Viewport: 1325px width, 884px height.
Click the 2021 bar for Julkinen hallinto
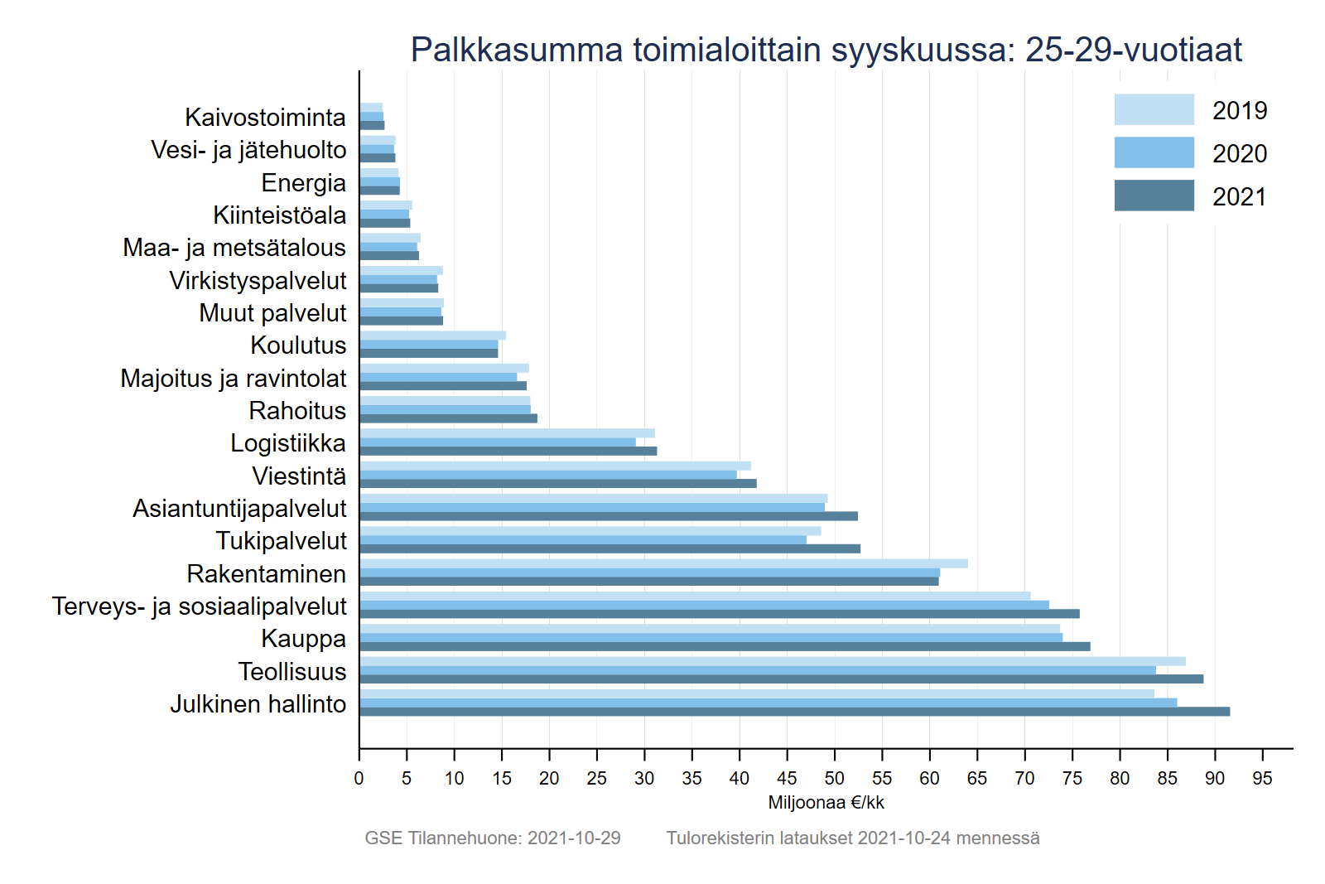(x=795, y=712)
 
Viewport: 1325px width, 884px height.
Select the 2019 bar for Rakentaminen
(x=662, y=563)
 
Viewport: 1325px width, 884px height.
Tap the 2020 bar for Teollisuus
(x=758, y=670)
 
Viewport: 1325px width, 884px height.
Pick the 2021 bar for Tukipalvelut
(x=610, y=548)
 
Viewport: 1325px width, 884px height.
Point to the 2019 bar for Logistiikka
(x=507, y=433)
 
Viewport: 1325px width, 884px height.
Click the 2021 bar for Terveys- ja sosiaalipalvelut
(x=719, y=614)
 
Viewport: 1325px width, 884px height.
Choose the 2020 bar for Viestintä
(x=548, y=475)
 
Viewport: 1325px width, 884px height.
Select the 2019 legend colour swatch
(x=1154, y=109)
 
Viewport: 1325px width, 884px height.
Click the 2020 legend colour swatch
(x=1154, y=152)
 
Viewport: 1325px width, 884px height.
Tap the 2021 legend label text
(x=1240, y=197)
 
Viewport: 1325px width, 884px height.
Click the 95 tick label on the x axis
(x=1262, y=779)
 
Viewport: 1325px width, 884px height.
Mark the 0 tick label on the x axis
(x=359, y=779)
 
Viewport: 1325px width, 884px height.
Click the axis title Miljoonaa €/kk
(x=826, y=803)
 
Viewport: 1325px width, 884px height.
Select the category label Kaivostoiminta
(x=265, y=118)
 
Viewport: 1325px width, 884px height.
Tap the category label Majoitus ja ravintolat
(x=234, y=379)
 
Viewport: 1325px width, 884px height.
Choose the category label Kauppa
(x=303, y=639)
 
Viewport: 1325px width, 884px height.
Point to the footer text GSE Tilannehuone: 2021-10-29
(x=493, y=838)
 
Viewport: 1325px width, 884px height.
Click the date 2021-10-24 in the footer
(x=904, y=838)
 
